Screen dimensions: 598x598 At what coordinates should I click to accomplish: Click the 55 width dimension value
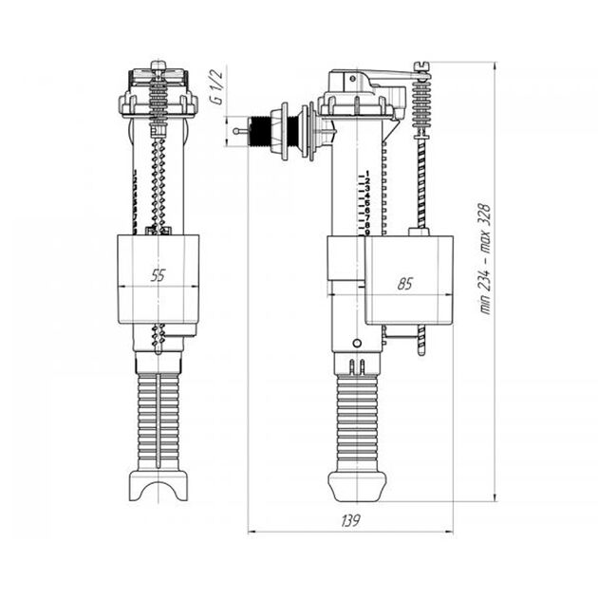(x=158, y=275)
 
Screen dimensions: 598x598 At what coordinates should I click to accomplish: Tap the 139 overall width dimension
(x=350, y=521)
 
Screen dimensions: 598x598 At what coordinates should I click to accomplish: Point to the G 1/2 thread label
(x=217, y=88)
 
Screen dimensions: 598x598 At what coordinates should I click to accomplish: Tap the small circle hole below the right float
(x=356, y=343)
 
